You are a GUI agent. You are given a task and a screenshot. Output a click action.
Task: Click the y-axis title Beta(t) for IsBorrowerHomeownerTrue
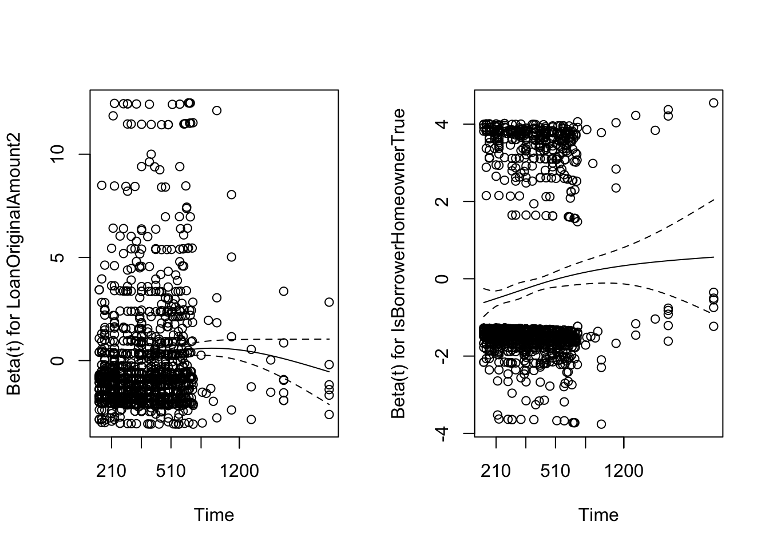click(x=398, y=264)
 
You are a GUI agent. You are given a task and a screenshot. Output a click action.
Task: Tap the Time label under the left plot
click(x=214, y=515)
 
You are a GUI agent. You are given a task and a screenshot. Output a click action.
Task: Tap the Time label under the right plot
click(x=598, y=515)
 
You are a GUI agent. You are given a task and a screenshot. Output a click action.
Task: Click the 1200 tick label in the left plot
click(x=239, y=471)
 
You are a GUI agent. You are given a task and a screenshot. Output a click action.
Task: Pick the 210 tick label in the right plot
click(x=496, y=471)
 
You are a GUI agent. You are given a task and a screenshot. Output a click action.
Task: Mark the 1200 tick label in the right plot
click(x=624, y=471)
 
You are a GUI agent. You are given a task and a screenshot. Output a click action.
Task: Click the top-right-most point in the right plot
click(x=713, y=103)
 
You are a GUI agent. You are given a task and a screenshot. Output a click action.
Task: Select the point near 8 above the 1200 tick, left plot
click(x=231, y=194)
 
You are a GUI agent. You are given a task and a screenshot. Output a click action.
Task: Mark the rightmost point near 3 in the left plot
click(x=329, y=302)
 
